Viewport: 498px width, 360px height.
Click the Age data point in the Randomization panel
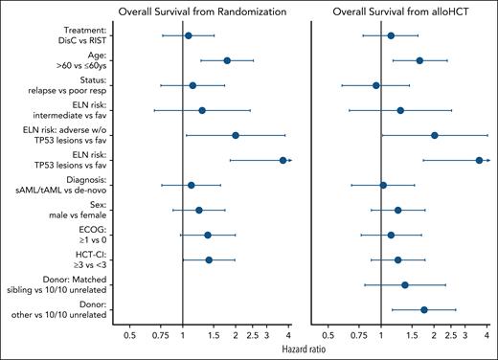click(227, 60)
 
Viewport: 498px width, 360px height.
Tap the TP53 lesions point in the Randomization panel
click(283, 160)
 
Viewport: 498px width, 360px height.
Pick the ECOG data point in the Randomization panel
click(208, 235)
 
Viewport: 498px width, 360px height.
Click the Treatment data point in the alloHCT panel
click(391, 35)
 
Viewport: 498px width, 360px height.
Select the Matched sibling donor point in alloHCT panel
click(405, 284)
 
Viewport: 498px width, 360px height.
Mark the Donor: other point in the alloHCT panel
click(424, 309)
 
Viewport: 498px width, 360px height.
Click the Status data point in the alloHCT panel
click(375, 85)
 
